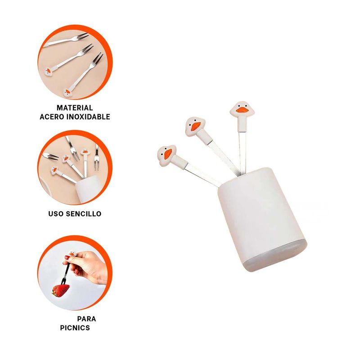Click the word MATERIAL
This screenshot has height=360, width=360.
pyautogui.click(x=75, y=108)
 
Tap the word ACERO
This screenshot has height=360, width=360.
pyautogui.click(x=52, y=117)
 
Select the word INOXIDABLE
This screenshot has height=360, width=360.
pyautogui.click(x=88, y=117)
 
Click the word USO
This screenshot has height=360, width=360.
pyautogui.click(x=56, y=214)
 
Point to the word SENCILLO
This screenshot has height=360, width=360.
pyautogui.click(x=84, y=214)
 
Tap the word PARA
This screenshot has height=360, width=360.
pyautogui.click(x=86, y=319)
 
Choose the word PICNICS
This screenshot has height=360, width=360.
pyautogui.click(x=75, y=328)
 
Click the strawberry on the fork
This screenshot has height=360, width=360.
pyautogui.click(x=61, y=290)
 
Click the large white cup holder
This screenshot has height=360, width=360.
pyautogui.click(x=262, y=219)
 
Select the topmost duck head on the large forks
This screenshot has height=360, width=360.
pyautogui.click(x=242, y=110)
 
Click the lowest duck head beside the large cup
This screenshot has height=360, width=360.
pyautogui.click(x=167, y=155)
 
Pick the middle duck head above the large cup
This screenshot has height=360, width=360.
pyautogui.click(x=195, y=126)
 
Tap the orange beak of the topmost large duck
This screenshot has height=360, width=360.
pyautogui.click(x=242, y=110)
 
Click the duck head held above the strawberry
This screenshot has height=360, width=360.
pyautogui.click(x=72, y=253)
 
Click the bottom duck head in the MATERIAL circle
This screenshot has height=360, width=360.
pyautogui.click(x=68, y=93)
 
